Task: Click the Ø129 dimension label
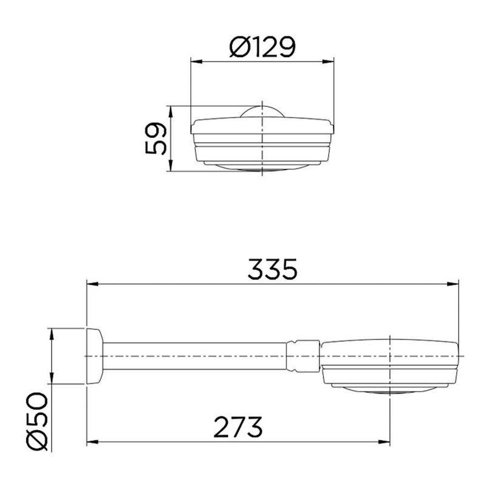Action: tap(262, 47)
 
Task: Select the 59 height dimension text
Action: tap(156, 139)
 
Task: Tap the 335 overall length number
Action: tap(272, 269)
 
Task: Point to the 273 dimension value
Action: tap(238, 427)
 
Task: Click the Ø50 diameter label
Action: tap(37, 421)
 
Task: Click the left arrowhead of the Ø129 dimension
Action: tap(196, 62)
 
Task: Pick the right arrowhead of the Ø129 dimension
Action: tap(328, 62)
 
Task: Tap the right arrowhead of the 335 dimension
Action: tap(453, 284)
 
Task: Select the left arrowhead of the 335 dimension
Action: tap(93, 284)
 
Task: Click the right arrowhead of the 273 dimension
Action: tap(384, 442)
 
